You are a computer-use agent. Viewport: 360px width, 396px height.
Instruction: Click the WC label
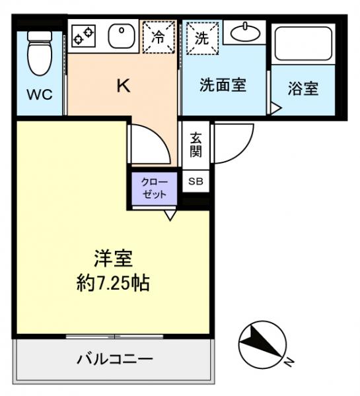(x=38, y=94)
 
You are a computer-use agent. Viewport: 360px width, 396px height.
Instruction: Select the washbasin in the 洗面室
(x=244, y=32)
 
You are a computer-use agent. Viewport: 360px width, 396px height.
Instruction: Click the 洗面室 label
(x=223, y=86)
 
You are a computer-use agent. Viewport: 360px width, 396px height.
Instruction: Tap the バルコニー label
(x=114, y=360)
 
